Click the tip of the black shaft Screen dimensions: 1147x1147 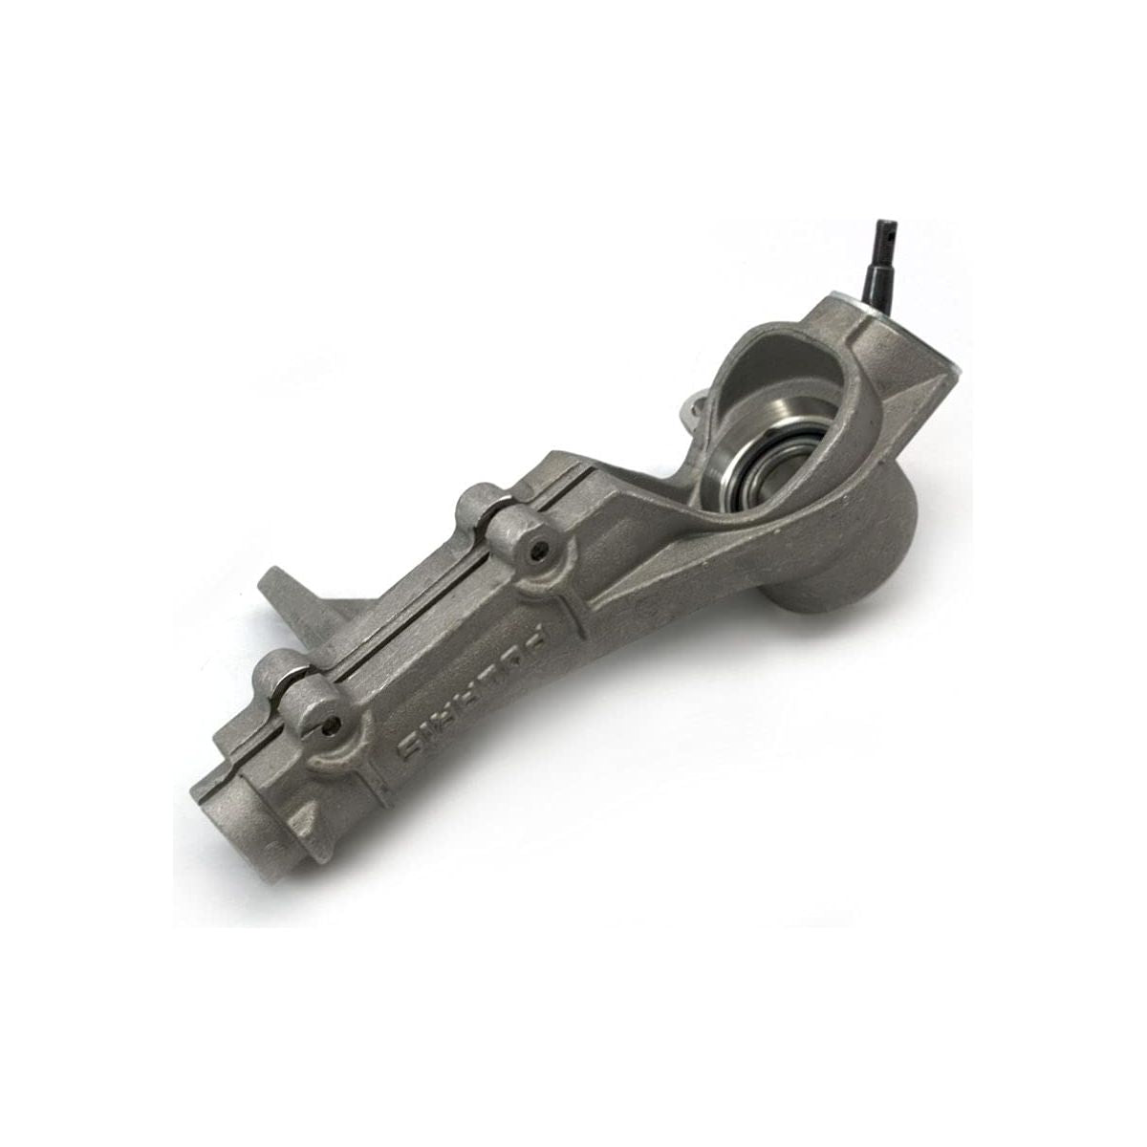point(884,224)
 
